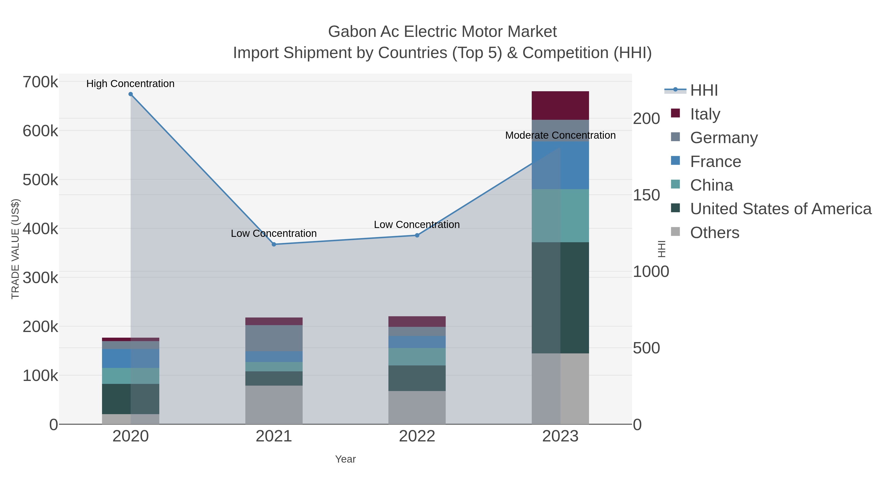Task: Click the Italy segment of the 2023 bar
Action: point(560,106)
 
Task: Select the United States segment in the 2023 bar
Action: point(560,298)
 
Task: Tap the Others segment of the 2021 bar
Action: point(274,405)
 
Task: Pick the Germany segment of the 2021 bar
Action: point(274,338)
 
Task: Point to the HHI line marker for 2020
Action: point(131,94)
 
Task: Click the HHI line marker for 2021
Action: point(274,244)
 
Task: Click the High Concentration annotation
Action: point(130,84)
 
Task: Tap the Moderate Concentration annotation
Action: point(560,136)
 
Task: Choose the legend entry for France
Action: point(715,162)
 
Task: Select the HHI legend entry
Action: point(704,91)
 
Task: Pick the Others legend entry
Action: point(714,233)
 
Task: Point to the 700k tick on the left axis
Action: point(40,82)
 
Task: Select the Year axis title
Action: point(345,459)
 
